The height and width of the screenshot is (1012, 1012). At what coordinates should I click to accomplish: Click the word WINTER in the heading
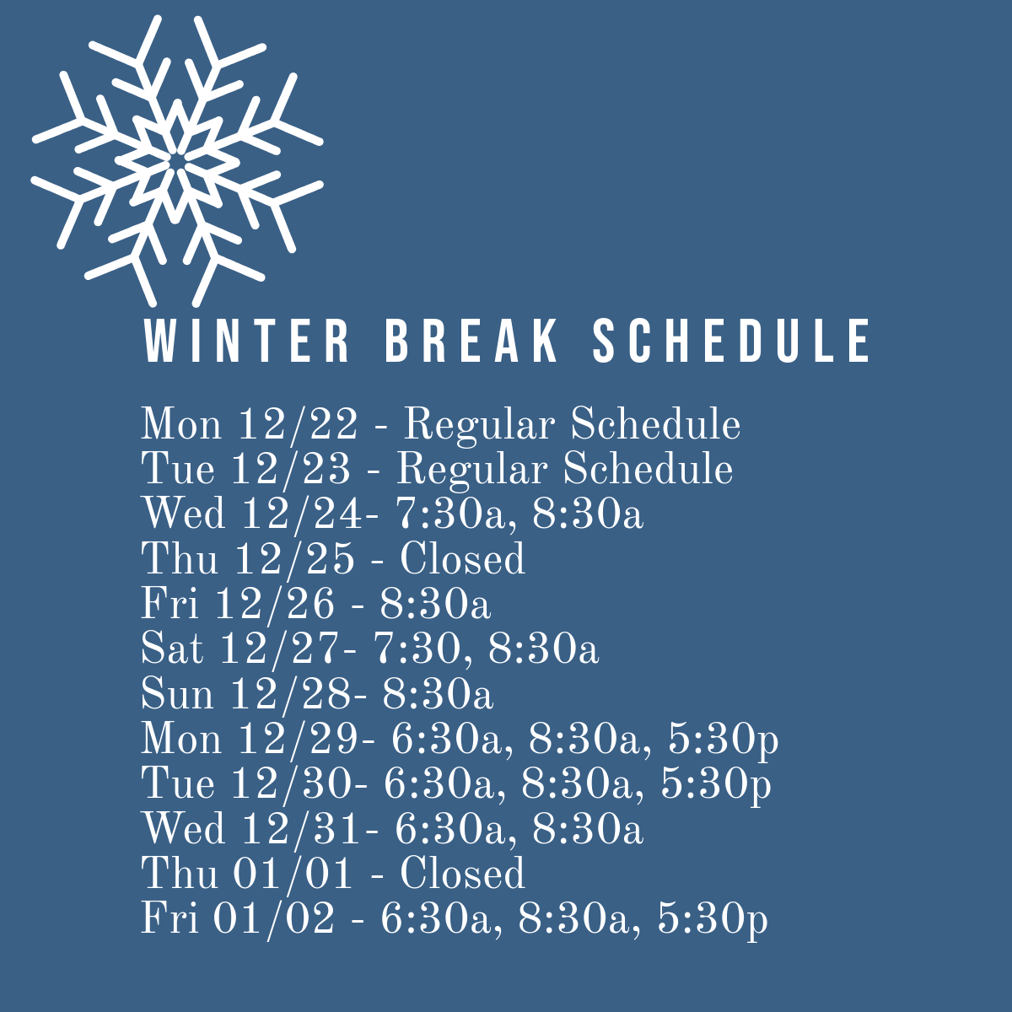pos(246,341)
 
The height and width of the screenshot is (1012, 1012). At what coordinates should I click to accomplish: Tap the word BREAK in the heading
pos(471,341)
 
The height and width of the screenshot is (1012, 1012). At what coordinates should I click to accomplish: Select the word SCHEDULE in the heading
pos(731,341)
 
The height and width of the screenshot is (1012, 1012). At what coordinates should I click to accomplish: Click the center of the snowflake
pos(177,161)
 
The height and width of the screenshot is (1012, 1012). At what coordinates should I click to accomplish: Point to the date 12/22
pos(298,424)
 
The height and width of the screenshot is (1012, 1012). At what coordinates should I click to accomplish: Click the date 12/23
pos(290,468)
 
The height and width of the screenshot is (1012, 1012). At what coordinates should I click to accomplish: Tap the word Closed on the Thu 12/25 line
pos(462,558)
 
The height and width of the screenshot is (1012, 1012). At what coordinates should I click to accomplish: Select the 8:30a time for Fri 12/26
pos(435,604)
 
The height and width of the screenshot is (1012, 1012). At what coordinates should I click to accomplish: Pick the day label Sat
pos(172,649)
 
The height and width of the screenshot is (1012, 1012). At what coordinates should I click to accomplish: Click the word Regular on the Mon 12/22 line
pos(479,425)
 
